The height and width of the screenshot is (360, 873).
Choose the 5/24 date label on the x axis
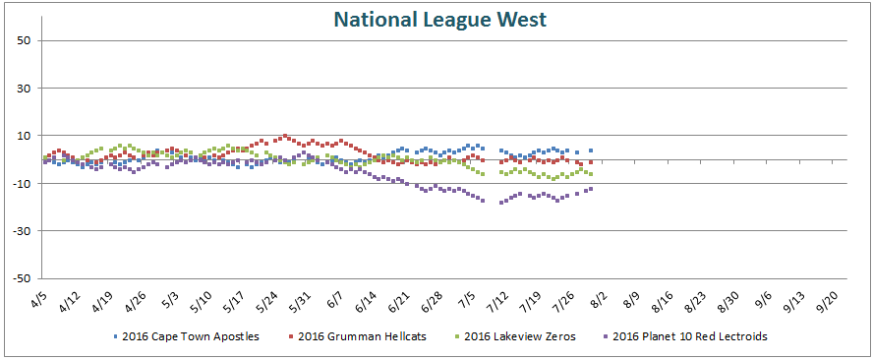(x=264, y=301)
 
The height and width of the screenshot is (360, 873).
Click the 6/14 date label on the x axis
(x=364, y=301)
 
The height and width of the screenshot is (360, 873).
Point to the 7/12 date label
(x=495, y=301)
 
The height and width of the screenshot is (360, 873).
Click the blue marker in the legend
(x=116, y=336)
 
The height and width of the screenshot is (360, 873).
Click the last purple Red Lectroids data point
(x=590, y=189)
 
